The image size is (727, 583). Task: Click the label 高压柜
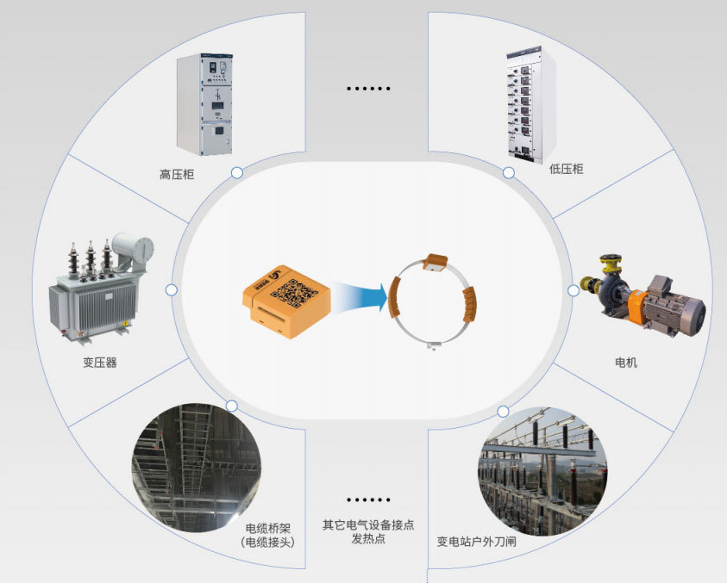[x=177, y=175]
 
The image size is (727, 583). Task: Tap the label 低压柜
[x=566, y=169]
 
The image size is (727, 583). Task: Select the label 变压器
[x=100, y=363]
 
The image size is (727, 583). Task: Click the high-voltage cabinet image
[x=205, y=104]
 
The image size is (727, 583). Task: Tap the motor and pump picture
[x=642, y=295]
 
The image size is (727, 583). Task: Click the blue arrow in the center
[x=361, y=295]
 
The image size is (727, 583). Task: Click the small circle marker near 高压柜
[x=237, y=173]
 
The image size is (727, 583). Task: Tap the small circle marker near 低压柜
[x=509, y=173]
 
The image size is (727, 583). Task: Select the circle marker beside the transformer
[x=172, y=290]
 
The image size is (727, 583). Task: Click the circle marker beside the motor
[x=573, y=291]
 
